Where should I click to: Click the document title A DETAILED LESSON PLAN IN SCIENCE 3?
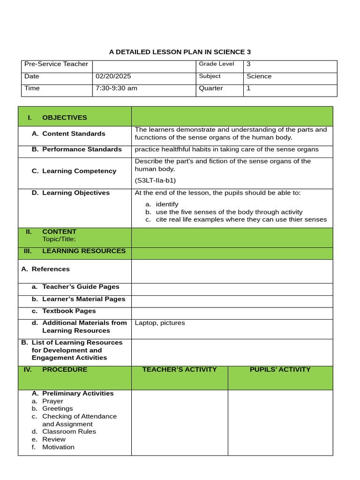(180, 52)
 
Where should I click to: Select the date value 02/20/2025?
(113, 76)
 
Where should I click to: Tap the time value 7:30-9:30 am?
(116, 89)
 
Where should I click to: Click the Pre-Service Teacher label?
(56, 64)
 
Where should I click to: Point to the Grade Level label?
(216, 64)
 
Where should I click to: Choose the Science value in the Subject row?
(259, 76)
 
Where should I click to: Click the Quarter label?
(211, 89)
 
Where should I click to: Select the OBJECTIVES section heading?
(64, 118)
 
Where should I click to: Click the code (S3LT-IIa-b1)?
(155, 180)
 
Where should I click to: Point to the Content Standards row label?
(74, 134)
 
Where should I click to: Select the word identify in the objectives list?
(167, 204)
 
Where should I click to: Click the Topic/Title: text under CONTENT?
(59, 240)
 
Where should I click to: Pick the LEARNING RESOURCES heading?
(83, 251)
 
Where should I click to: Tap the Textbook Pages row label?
(68, 311)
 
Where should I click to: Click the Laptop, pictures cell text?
(160, 323)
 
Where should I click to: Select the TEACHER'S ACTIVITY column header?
(180, 370)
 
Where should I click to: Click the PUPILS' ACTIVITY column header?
(280, 370)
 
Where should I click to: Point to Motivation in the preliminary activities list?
(58, 447)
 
